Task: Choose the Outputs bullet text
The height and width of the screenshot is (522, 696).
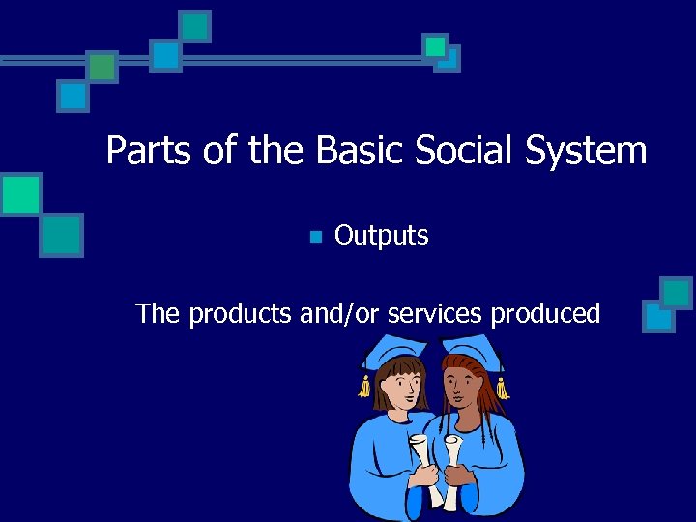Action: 381,236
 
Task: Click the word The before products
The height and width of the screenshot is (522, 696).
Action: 158,314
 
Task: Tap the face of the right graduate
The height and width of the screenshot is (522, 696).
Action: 465,386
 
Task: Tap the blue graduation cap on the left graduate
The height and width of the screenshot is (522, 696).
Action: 390,350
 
